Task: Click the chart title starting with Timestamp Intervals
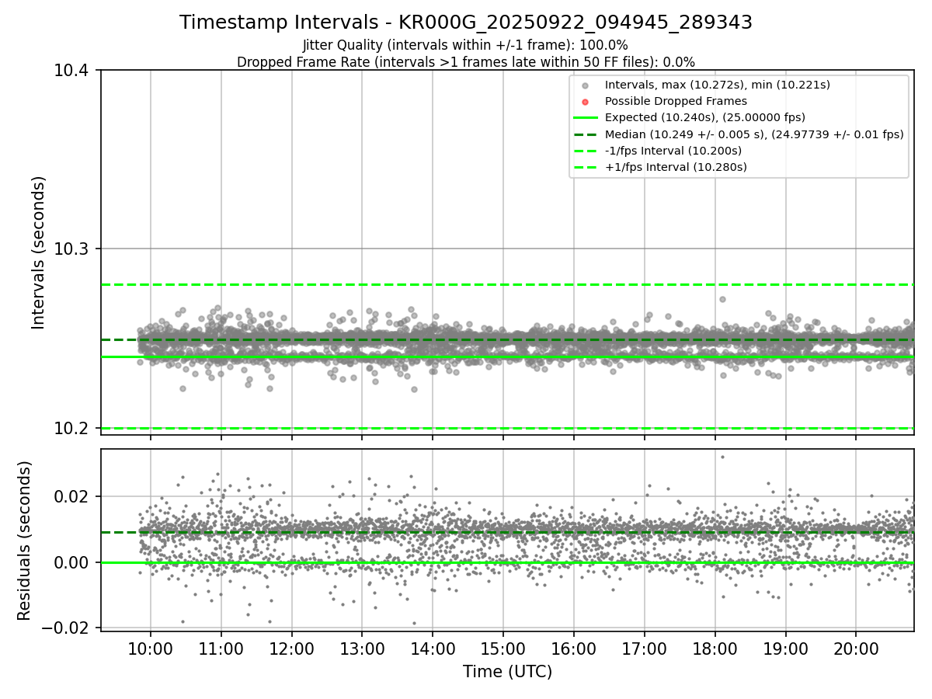466,23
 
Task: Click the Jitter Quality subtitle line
466,45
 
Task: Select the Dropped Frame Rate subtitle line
466,62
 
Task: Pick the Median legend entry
753,134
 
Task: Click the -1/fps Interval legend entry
673,151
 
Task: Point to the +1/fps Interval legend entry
675,167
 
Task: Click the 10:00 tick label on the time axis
151,649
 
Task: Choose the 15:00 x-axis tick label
503,649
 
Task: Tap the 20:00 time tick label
856,649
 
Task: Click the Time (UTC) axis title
507,672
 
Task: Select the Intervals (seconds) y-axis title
39,252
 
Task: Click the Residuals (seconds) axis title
25,541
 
